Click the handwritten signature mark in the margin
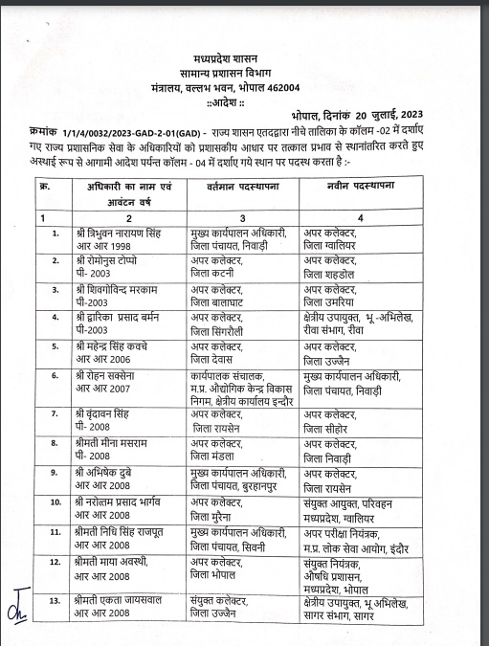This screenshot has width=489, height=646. (x=16, y=611)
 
